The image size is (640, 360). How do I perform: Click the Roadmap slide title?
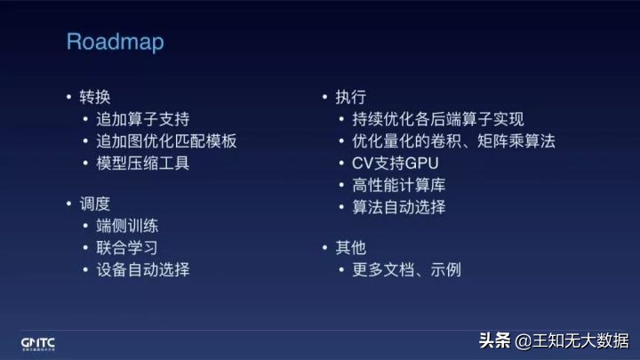tap(116, 42)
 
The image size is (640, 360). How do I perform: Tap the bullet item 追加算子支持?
tap(142, 118)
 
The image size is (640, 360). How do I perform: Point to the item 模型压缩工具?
tap(142, 163)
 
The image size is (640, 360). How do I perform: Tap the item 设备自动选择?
tap(142, 269)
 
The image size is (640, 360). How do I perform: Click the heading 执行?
tap(350, 96)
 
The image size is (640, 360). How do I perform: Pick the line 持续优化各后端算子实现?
tap(432, 118)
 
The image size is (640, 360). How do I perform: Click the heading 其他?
tap(350, 248)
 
